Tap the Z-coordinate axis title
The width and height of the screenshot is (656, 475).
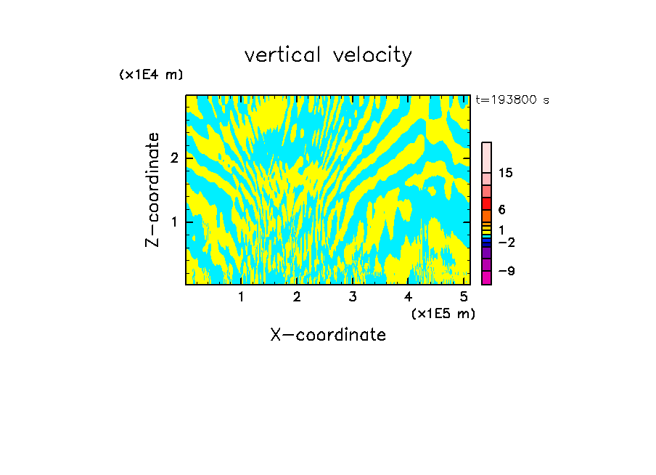point(152,190)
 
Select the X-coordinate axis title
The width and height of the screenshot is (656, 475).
point(328,335)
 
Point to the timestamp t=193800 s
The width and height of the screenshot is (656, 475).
point(512,100)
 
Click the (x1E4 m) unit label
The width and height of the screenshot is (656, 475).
point(151,75)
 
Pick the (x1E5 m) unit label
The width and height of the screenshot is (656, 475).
point(443,313)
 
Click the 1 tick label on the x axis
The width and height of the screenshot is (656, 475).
point(241,296)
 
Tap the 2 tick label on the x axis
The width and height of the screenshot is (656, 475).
point(297,296)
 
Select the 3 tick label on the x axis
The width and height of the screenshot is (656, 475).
point(352,296)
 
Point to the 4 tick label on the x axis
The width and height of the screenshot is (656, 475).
point(408,296)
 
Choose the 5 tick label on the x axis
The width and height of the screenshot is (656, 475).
point(463,296)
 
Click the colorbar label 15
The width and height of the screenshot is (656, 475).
point(506,173)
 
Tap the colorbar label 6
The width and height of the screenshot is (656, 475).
point(501,210)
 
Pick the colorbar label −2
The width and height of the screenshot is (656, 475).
point(507,242)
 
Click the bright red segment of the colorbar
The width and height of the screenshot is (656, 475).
point(486,203)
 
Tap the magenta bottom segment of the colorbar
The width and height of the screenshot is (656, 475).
point(486,277)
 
